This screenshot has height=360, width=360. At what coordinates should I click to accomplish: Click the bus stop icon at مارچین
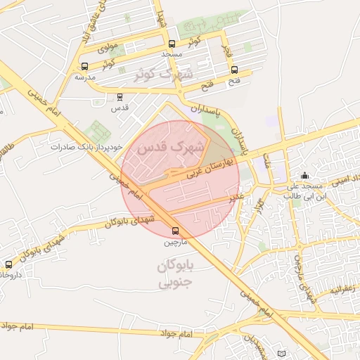174,231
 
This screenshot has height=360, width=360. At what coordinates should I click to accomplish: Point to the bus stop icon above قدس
120,97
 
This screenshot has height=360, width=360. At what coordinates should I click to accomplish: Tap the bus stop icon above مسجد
172,44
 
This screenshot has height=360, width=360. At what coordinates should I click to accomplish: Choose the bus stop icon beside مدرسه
85,66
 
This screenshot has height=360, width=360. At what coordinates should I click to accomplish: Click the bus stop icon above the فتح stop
234,70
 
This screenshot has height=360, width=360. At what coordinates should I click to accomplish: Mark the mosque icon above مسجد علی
304,176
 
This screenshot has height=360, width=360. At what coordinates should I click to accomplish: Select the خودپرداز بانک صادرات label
86,148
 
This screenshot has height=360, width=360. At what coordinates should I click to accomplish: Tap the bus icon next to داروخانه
8,264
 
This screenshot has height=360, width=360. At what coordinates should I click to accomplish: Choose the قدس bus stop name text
120,108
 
